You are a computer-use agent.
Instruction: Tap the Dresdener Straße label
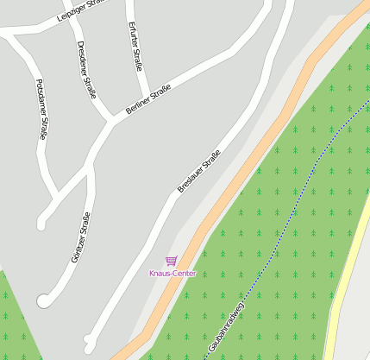tap(86, 70)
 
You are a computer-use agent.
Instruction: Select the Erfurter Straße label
tap(135, 47)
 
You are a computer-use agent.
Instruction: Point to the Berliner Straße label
tap(148, 100)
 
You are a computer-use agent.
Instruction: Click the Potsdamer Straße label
tap(41, 110)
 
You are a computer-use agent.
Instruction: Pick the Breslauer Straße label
tap(199, 170)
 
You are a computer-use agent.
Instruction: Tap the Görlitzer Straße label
tap(80, 237)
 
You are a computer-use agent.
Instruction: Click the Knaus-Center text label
tap(172, 274)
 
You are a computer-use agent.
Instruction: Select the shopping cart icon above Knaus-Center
tap(172, 261)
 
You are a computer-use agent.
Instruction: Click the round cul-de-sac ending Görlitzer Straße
tap(44, 300)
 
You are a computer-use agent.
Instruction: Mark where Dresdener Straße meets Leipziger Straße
tap(69, 19)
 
